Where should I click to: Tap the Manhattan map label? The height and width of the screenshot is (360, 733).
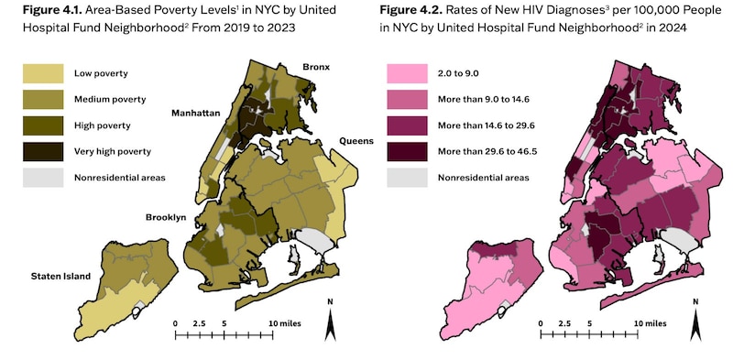click(x=199, y=114)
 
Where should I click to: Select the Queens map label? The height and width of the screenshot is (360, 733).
click(x=357, y=141)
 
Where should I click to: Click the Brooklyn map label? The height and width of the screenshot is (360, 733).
click(x=165, y=217)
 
